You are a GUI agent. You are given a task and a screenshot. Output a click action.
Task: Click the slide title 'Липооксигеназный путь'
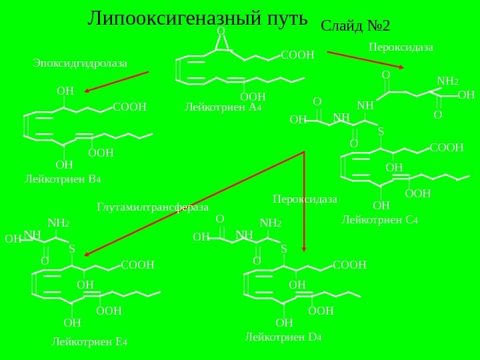[197, 18]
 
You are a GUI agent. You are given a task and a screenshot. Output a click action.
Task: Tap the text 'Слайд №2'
[355, 26]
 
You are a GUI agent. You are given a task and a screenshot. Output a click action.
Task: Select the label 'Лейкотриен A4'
[223, 106]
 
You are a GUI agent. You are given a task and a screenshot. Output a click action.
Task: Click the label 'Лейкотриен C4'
[379, 219]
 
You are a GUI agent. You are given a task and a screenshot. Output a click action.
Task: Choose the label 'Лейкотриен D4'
[283, 337]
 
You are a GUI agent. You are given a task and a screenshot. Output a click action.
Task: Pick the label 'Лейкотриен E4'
[89, 343]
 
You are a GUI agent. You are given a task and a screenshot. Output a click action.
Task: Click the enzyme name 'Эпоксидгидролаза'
[79, 63]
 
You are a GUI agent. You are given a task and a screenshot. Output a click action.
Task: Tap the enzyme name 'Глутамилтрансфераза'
[153, 207]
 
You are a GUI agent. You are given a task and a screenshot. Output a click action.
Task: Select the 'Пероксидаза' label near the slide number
[401, 47]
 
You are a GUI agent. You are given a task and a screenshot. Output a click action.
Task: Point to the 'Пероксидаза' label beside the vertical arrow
[305, 199]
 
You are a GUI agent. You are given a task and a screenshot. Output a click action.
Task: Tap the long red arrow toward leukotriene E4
[193, 203]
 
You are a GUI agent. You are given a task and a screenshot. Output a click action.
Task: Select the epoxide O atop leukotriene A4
[221, 31]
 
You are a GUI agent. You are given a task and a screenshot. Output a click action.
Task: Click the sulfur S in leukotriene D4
[283, 249]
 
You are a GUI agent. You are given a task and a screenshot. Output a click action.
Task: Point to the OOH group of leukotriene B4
[101, 153]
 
